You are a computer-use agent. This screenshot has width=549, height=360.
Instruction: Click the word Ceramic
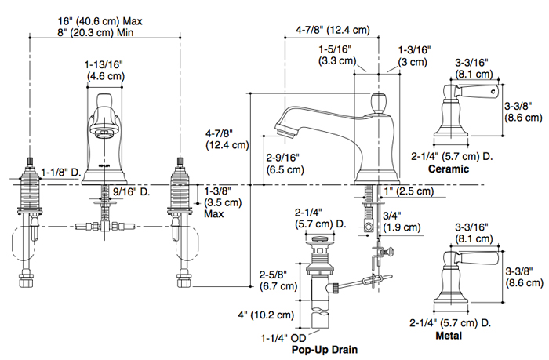[x=448, y=169]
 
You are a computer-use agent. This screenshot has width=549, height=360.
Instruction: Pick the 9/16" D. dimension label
[x=131, y=190]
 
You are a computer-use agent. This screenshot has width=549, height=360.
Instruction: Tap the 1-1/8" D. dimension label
[x=62, y=171]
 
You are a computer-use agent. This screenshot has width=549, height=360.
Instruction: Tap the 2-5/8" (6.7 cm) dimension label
[x=278, y=281]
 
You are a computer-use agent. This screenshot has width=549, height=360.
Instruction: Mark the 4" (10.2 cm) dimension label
[x=267, y=315]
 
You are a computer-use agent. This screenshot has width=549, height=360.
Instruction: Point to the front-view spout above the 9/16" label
[x=104, y=133]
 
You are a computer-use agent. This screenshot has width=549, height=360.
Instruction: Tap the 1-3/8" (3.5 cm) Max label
[x=222, y=202]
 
